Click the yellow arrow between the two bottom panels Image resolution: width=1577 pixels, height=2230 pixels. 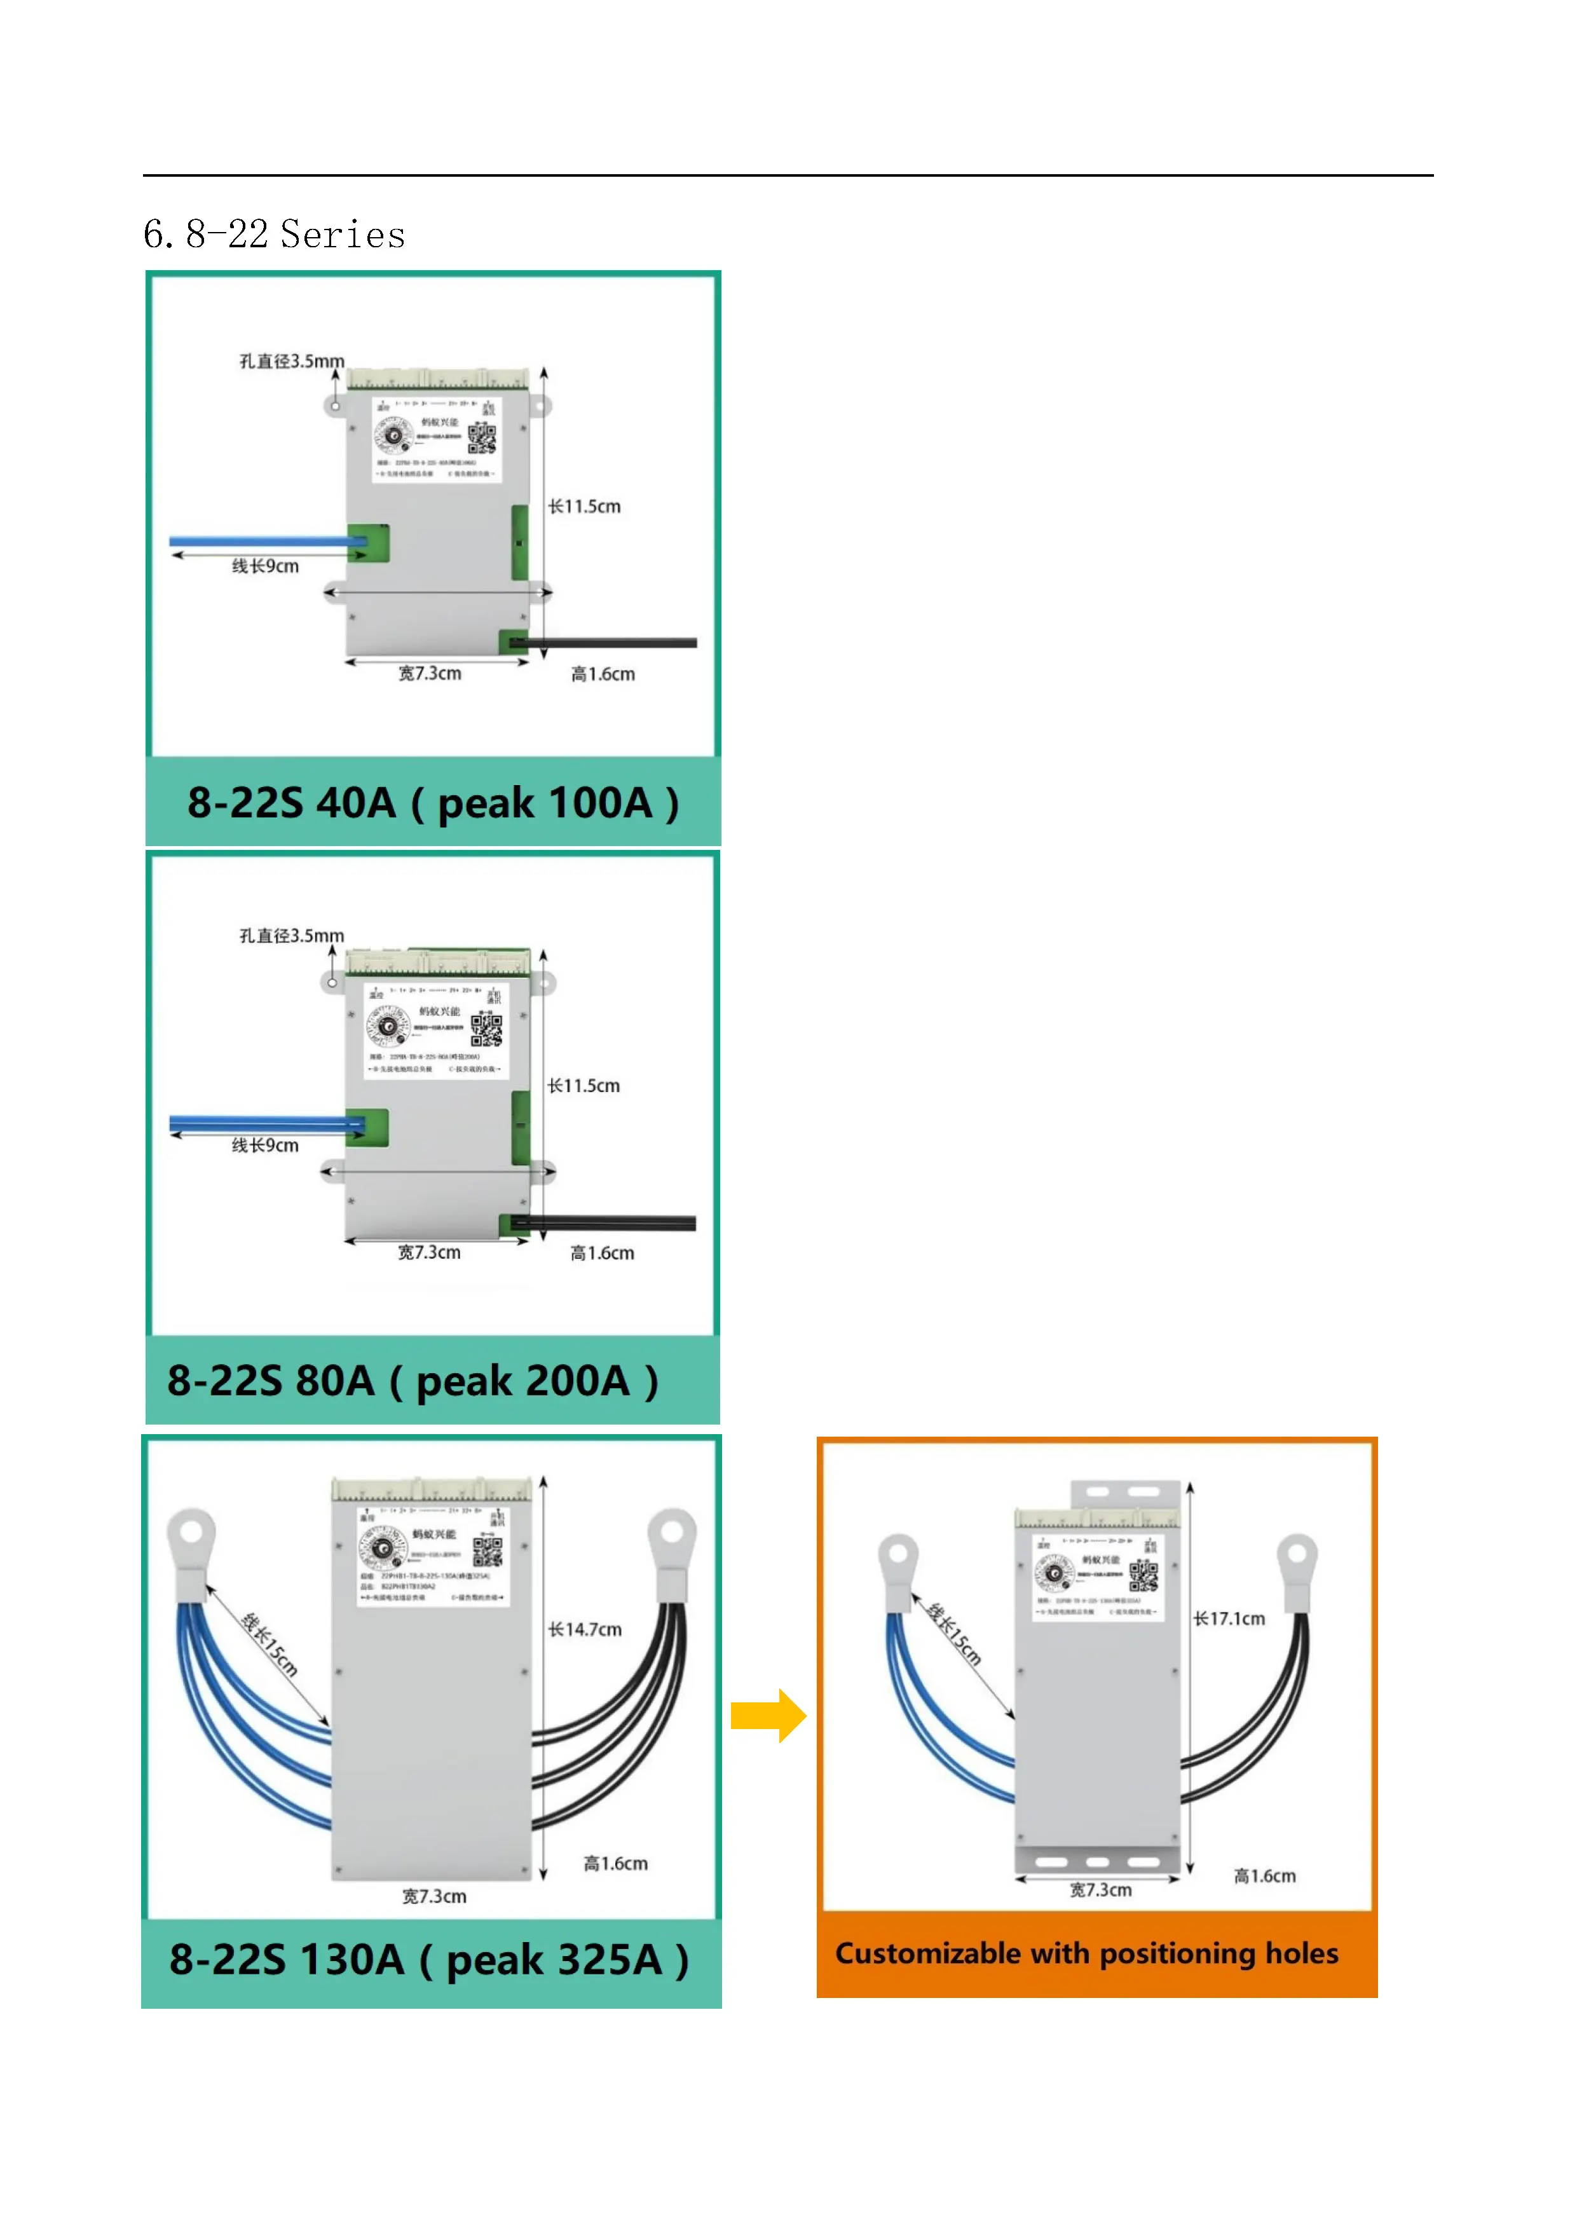tap(767, 1715)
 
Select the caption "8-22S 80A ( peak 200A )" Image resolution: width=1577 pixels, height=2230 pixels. tap(413, 1380)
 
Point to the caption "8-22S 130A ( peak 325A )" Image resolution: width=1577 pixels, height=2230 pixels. tap(429, 1959)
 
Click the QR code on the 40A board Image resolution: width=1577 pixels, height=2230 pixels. tap(482, 438)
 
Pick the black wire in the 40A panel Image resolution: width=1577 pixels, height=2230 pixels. tap(611, 643)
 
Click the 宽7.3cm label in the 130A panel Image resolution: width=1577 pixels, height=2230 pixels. tap(434, 1896)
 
